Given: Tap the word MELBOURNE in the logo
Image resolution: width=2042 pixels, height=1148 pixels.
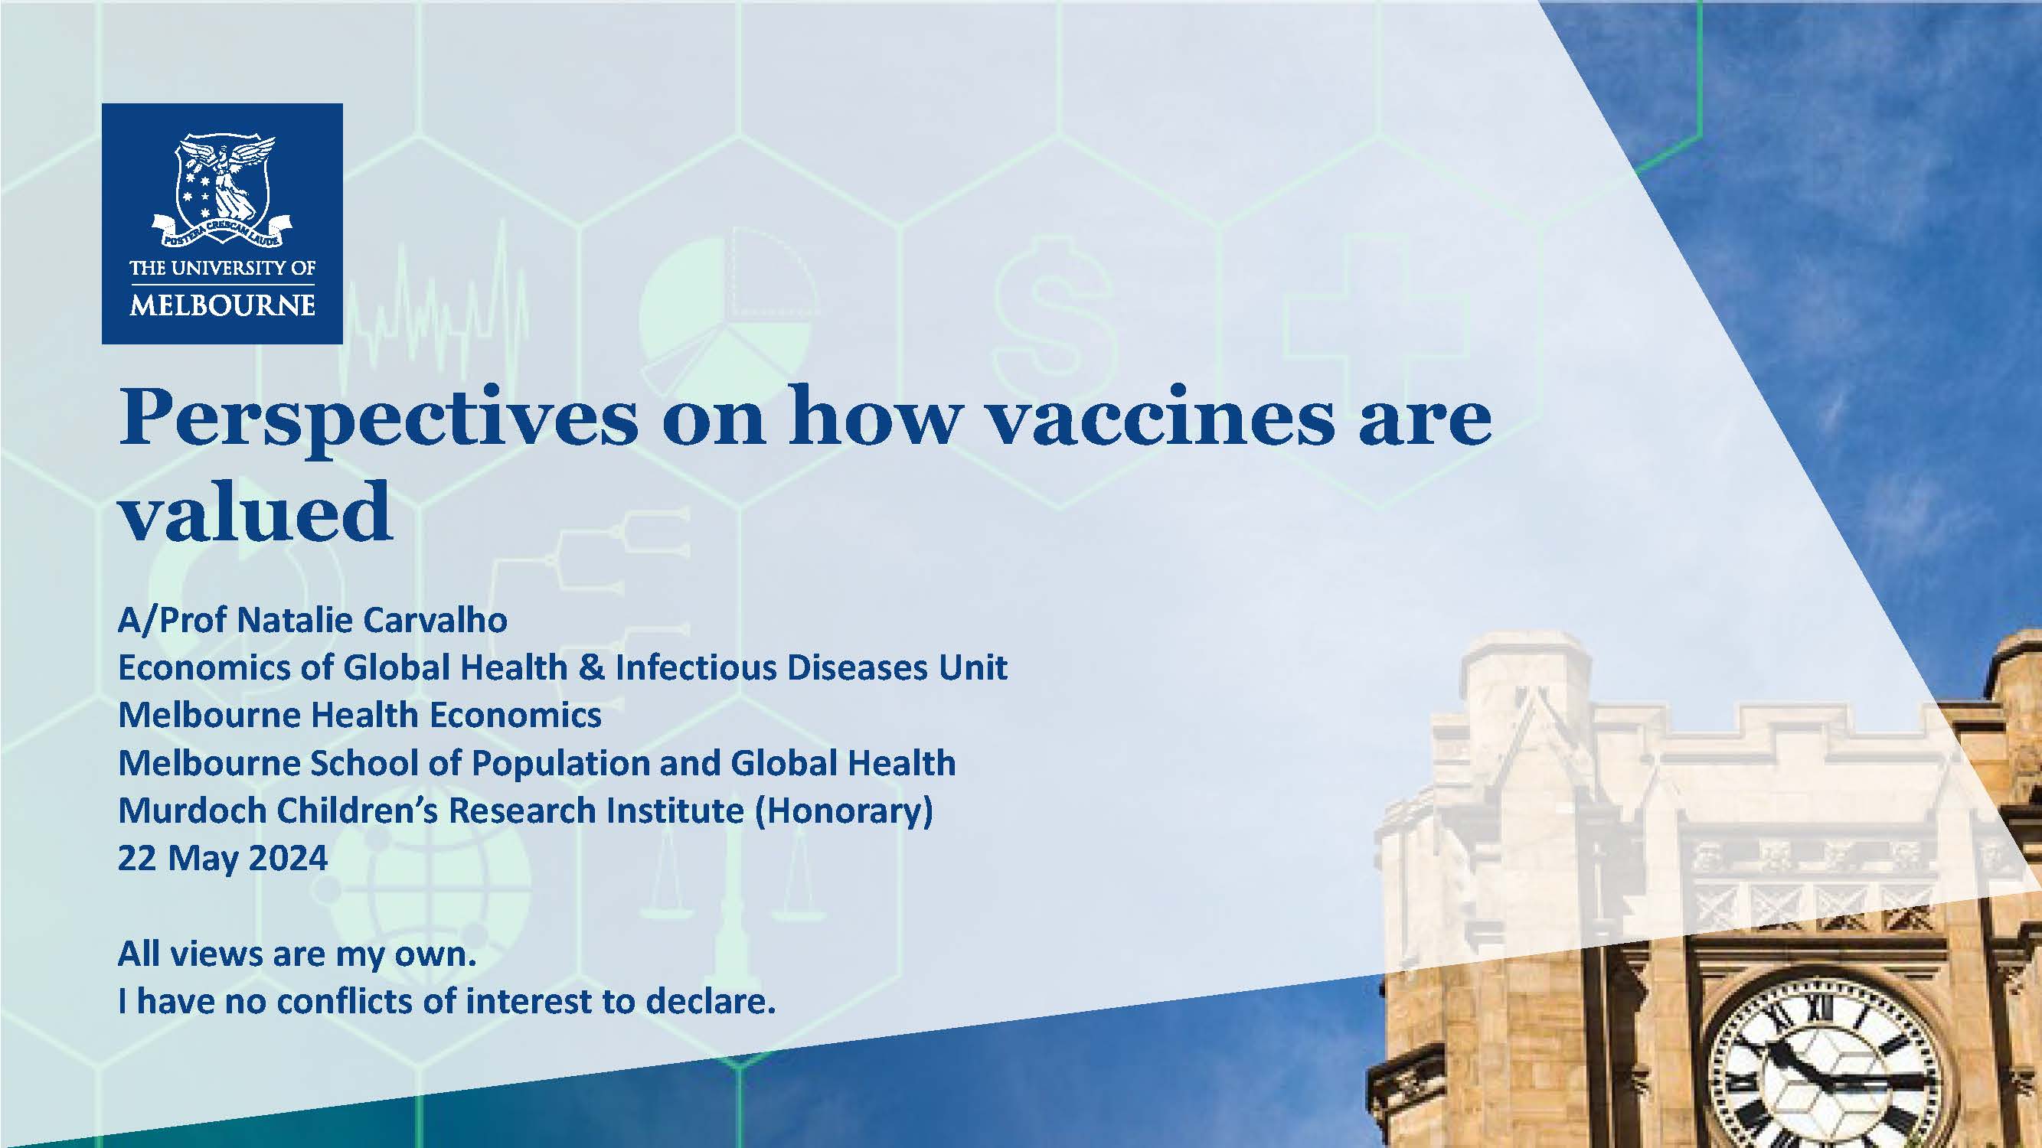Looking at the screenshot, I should pyautogui.click(x=222, y=305).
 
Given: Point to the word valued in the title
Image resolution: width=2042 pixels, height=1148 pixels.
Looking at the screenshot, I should pyautogui.click(x=255, y=511).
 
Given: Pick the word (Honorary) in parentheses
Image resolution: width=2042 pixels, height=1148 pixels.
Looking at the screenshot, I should pyautogui.click(x=844, y=811).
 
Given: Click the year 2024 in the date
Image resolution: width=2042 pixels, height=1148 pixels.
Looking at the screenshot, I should pyautogui.click(x=289, y=858).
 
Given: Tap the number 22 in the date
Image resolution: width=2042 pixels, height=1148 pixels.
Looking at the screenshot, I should pyautogui.click(x=137, y=858).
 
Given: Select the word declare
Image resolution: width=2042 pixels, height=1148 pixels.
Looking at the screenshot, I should pyautogui.click(x=711, y=1001).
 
